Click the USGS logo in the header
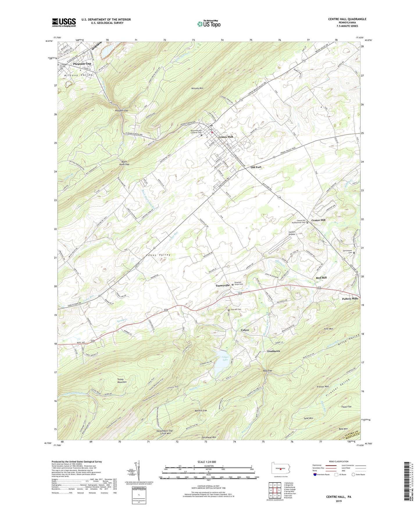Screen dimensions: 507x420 pos(64,22)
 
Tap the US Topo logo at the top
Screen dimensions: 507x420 pos(209,24)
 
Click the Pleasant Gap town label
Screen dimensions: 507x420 pos(82,64)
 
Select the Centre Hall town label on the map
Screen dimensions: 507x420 pos(226,137)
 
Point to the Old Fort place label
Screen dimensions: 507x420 pos(256,167)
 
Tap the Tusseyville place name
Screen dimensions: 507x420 pos(222,285)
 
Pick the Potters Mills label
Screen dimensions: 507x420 pos(350,299)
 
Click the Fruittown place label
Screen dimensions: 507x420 pos(274,351)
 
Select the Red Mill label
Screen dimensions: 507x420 pos(321,278)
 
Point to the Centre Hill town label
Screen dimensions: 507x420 pos(318,220)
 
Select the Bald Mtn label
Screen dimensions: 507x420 pos(343,429)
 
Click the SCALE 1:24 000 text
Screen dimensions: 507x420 pos(206,462)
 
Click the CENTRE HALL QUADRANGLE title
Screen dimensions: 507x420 pos(347,19)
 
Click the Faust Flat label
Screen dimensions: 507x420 pos(346,407)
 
